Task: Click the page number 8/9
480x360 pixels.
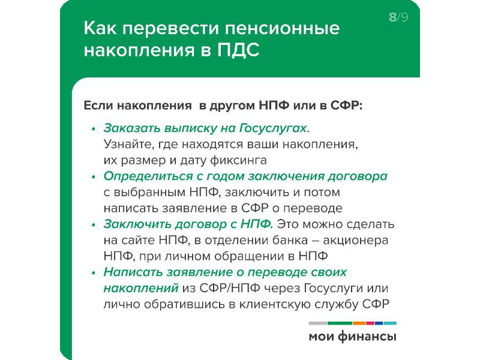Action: (398, 17)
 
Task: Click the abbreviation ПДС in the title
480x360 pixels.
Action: (238, 50)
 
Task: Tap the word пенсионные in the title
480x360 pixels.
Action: (282, 28)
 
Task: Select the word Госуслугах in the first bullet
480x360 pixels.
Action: (273, 128)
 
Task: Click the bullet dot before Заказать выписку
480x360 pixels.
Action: (94, 129)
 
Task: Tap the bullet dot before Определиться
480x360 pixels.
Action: (94, 177)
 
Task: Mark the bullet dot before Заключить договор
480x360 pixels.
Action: (94, 225)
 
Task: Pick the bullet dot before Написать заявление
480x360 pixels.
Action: (94, 273)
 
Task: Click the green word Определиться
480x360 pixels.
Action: (148, 176)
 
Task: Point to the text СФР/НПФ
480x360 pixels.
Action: (230, 288)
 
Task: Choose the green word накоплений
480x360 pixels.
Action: (141, 288)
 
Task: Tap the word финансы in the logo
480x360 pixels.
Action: (367, 337)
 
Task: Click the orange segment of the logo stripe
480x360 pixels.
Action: (359, 323)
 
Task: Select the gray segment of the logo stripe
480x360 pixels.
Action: (318, 323)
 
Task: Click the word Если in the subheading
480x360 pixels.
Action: (98, 106)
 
